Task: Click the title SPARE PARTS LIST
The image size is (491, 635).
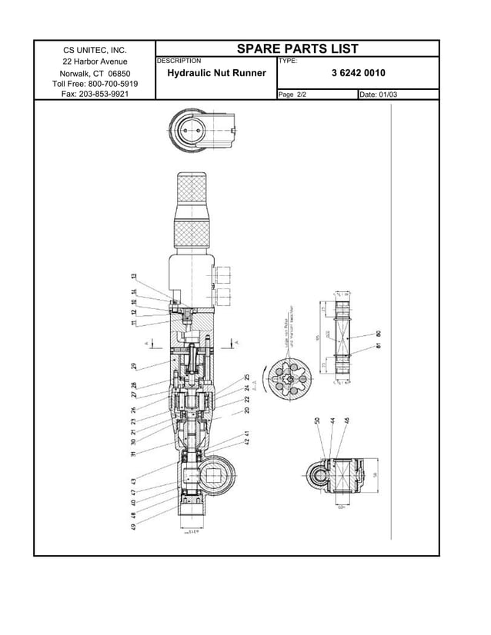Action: click(x=297, y=48)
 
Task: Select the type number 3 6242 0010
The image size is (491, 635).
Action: click(x=358, y=73)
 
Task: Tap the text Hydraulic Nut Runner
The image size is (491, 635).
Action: click(x=216, y=73)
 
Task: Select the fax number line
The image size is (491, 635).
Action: click(x=95, y=94)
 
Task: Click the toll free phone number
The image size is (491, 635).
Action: click(x=95, y=83)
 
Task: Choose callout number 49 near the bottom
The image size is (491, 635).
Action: click(x=134, y=527)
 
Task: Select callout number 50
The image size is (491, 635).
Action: click(x=318, y=421)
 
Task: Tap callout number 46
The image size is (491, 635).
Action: click(x=346, y=421)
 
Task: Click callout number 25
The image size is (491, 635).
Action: click(x=247, y=377)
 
